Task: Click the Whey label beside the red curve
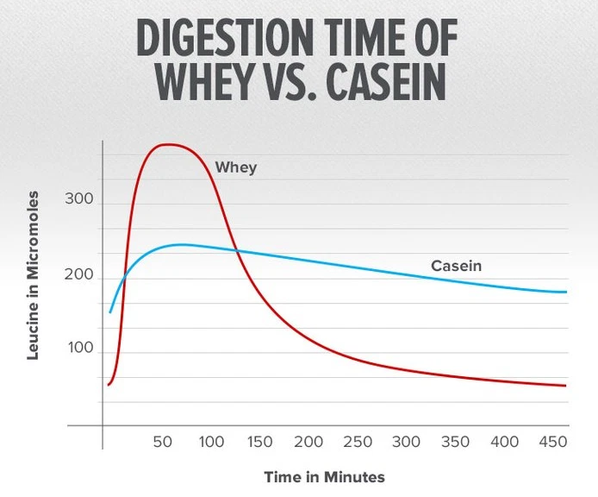click(x=236, y=167)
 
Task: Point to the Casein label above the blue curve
click(x=456, y=266)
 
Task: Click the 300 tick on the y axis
click(x=78, y=204)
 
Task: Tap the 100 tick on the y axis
click(x=78, y=353)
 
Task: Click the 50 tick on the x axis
click(x=163, y=442)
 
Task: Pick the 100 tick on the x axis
click(x=211, y=442)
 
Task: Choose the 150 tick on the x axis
click(x=259, y=442)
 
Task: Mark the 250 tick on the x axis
click(x=357, y=442)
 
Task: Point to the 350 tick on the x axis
click(x=454, y=442)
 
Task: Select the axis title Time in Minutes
click(x=324, y=476)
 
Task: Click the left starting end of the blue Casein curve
click(x=110, y=311)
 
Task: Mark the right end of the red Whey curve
click(x=566, y=386)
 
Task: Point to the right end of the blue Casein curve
click(x=566, y=292)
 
